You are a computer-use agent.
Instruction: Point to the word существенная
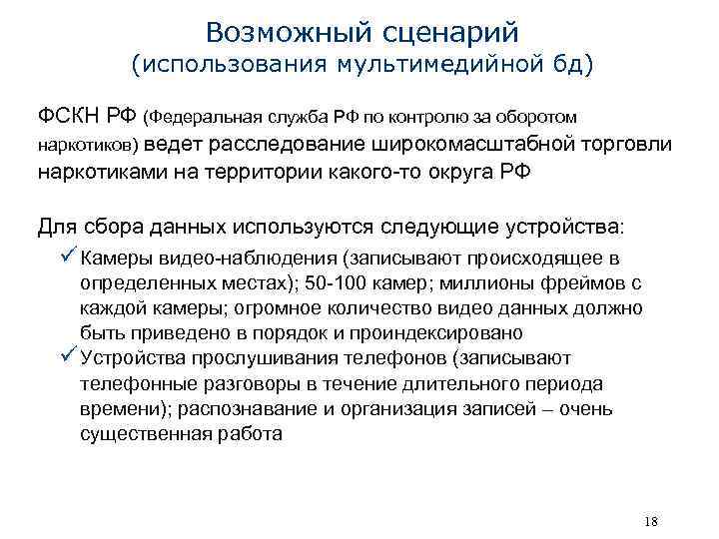point(144,434)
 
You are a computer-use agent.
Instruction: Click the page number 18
point(652,521)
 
